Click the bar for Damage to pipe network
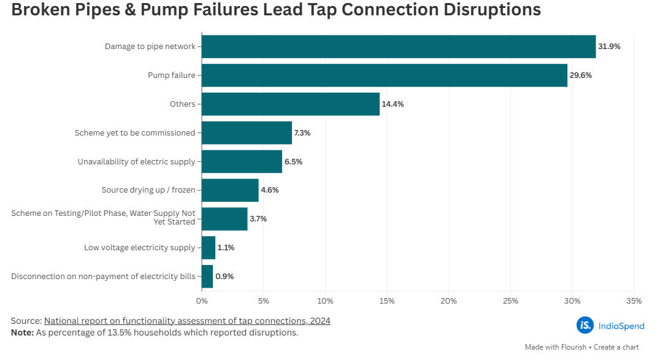pyautogui.click(x=399, y=47)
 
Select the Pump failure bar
pyautogui.click(x=385, y=75)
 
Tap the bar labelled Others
pyautogui.click(x=291, y=104)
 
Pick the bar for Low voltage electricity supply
pyautogui.click(x=209, y=248)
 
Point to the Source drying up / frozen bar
pyautogui.click(x=230, y=190)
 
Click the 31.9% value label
pyautogui.click(x=609, y=47)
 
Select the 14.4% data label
pyautogui.click(x=393, y=104)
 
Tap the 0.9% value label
pyautogui.click(x=224, y=277)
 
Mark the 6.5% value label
pyautogui.click(x=293, y=162)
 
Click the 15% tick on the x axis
pyautogui.click(x=386, y=301)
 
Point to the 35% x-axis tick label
pyautogui.click(x=634, y=301)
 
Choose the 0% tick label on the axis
pyautogui.click(x=202, y=301)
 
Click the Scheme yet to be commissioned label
pyautogui.click(x=135, y=133)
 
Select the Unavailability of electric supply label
pyautogui.click(x=136, y=162)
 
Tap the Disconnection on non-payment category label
pyautogui.click(x=103, y=277)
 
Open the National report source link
pyautogui.click(x=187, y=321)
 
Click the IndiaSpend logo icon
pyautogui.click(x=585, y=325)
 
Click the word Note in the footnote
pyautogui.click(x=22, y=332)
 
